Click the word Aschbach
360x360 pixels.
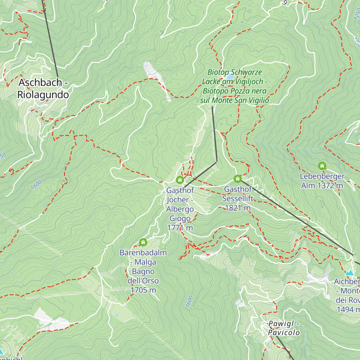(x=40, y=82)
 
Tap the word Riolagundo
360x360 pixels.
(x=43, y=95)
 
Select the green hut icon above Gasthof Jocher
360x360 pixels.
(x=180, y=180)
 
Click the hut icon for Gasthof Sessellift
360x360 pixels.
(x=238, y=179)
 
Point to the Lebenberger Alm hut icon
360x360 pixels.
(x=322, y=166)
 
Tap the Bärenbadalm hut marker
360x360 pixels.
(x=143, y=242)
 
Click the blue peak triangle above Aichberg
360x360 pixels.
(x=349, y=273)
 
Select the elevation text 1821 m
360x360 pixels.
(x=238, y=208)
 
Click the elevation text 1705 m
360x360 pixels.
(x=143, y=290)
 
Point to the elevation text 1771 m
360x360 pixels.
(x=180, y=228)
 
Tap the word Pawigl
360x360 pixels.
(x=281, y=324)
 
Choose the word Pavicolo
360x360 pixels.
(x=284, y=333)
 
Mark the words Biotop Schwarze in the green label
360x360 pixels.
(x=235, y=72)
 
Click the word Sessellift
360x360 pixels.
(x=238, y=199)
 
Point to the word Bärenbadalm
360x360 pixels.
(x=143, y=253)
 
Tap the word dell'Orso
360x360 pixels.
(x=143, y=281)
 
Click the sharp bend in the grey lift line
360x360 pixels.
(x=216, y=162)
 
